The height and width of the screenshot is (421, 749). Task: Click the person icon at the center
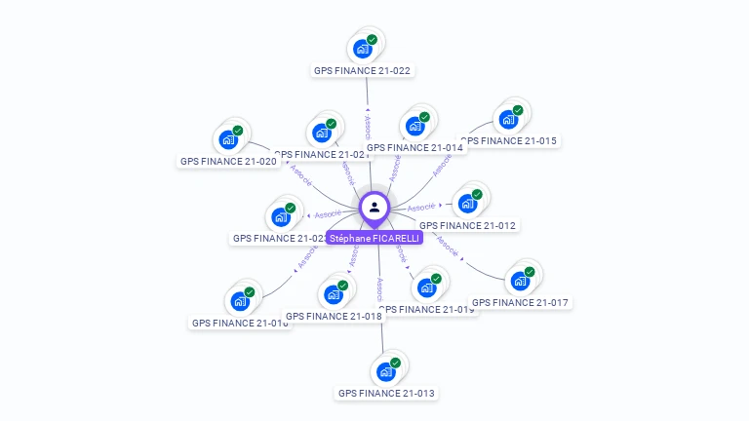tap(374, 207)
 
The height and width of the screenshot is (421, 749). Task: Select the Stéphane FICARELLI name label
tap(374, 238)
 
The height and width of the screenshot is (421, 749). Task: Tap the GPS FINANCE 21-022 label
tap(362, 70)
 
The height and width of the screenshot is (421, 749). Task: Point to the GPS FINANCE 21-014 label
tap(415, 148)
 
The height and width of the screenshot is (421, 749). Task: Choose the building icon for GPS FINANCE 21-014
tap(414, 126)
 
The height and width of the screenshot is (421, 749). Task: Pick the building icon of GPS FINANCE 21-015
tap(507, 119)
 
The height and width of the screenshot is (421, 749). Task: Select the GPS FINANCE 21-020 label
tap(228, 161)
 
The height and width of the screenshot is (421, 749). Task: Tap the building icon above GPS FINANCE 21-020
tap(227, 139)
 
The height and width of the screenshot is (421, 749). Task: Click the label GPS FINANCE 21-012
tap(468, 225)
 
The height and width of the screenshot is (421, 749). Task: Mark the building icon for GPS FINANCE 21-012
tap(467, 203)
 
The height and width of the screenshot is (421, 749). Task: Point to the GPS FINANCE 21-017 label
tap(520, 302)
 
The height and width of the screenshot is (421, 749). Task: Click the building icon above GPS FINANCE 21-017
tap(520, 281)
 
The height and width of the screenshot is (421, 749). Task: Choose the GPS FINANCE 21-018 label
tap(333, 316)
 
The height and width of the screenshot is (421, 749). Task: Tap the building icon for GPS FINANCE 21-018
tap(333, 293)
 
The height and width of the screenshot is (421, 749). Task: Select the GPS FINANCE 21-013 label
tap(386, 393)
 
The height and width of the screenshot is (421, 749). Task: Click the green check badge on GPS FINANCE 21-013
tap(395, 363)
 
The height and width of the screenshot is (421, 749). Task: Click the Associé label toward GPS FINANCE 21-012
tap(421, 207)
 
